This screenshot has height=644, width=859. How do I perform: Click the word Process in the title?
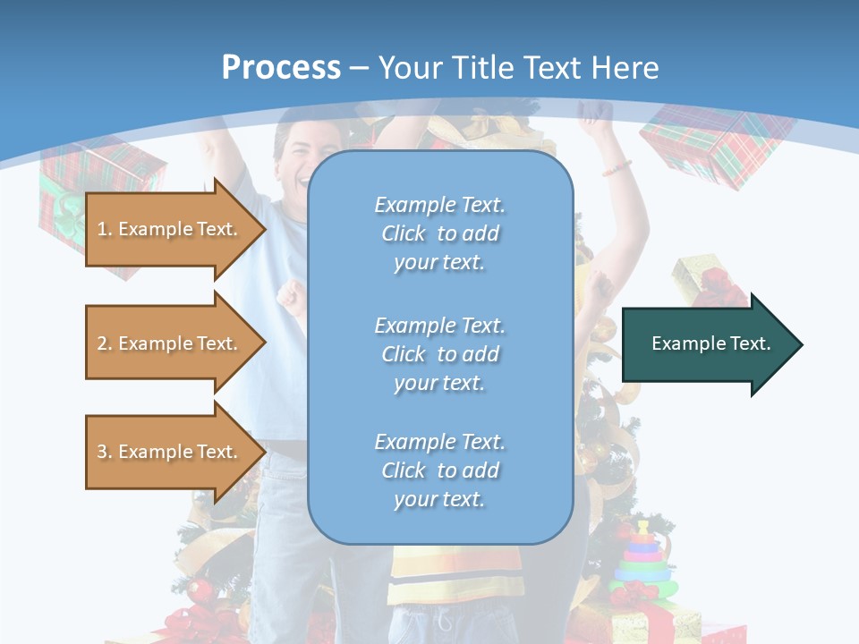click(281, 68)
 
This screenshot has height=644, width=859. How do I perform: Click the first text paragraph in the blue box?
click(439, 233)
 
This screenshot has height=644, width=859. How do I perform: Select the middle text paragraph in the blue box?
click(439, 354)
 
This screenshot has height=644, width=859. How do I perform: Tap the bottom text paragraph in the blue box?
click(439, 470)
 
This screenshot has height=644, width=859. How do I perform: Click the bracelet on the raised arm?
click(616, 167)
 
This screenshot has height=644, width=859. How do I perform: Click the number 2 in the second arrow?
click(102, 343)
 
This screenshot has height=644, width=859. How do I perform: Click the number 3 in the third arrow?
click(102, 452)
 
